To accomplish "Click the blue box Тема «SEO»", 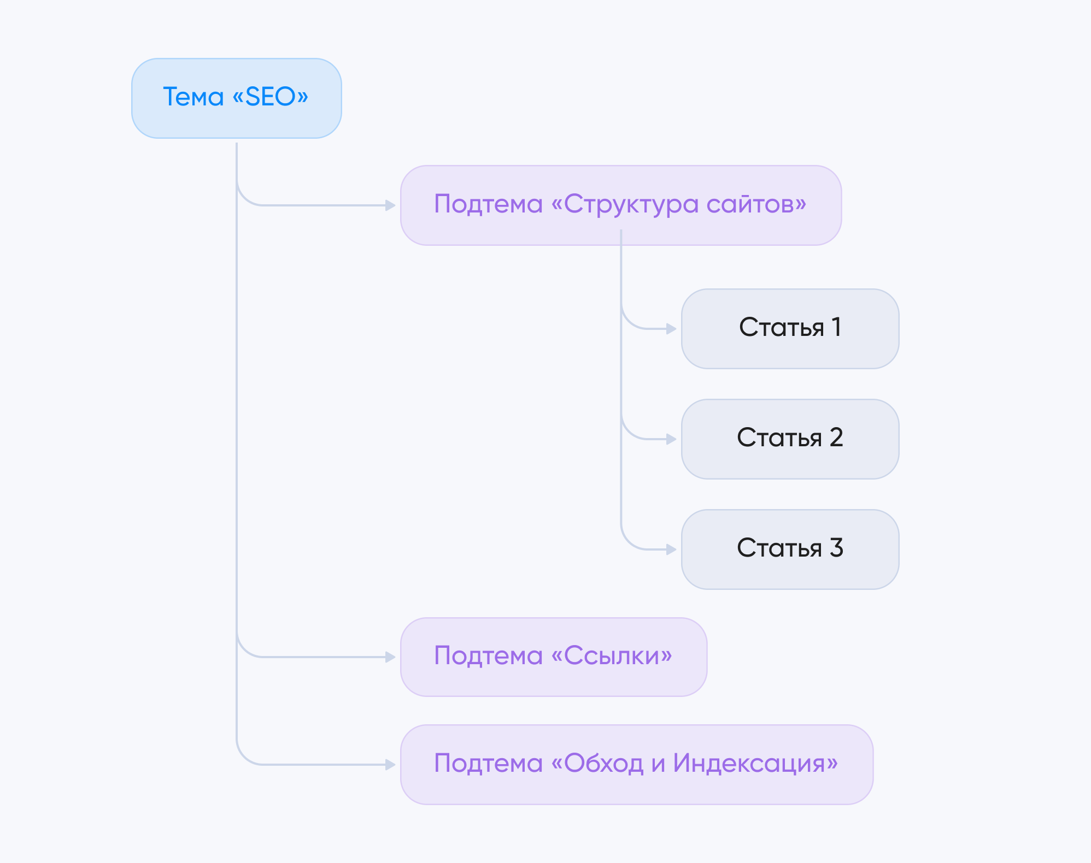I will [x=236, y=98].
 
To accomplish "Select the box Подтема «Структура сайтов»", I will [x=620, y=205].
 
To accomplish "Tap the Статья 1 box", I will [x=790, y=329].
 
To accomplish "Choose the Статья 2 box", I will [x=790, y=439].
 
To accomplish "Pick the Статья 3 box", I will [x=790, y=549].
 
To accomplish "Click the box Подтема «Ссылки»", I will [x=553, y=657].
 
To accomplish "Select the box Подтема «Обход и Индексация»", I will [x=636, y=765].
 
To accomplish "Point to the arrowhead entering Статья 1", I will [x=671, y=329].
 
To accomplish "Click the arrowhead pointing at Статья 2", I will [x=671, y=439].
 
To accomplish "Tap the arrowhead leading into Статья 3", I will [x=671, y=549].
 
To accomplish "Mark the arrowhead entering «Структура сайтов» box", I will [x=390, y=205].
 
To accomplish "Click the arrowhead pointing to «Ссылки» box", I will [x=390, y=657].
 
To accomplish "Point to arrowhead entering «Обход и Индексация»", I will [x=390, y=765].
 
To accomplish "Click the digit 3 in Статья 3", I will [x=836, y=548].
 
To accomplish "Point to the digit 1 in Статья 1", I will [x=836, y=327].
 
